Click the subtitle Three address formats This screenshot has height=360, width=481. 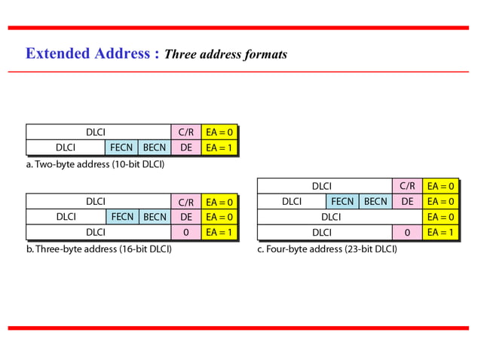tap(225, 54)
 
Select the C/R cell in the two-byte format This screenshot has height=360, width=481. tap(185, 133)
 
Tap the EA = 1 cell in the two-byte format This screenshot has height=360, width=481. tap(219, 148)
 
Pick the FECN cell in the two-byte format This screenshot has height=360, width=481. tap(121, 148)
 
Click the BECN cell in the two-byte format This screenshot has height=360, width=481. tap(154, 148)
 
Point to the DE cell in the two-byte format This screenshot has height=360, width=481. tap(185, 148)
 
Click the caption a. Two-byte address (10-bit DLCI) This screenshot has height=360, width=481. tap(95, 163)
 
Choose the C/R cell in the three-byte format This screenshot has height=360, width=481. tap(185, 202)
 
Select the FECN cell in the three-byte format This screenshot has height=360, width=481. tap(121, 217)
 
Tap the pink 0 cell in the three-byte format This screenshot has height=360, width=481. tap(185, 233)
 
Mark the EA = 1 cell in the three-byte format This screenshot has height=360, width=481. tap(219, 233)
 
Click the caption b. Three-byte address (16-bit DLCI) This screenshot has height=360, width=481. tap(99, 249)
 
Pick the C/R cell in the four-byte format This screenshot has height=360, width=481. tap(407, 186)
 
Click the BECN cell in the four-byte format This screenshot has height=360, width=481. tap(375, 201)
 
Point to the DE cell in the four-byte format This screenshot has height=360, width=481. tap(407, 201)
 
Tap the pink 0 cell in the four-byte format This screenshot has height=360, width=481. tap(407, 233)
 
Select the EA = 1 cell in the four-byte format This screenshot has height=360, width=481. tap(440, 233)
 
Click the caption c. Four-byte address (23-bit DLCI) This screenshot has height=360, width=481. tap(326, 249)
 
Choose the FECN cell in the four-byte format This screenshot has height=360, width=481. tap(342, 201)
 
